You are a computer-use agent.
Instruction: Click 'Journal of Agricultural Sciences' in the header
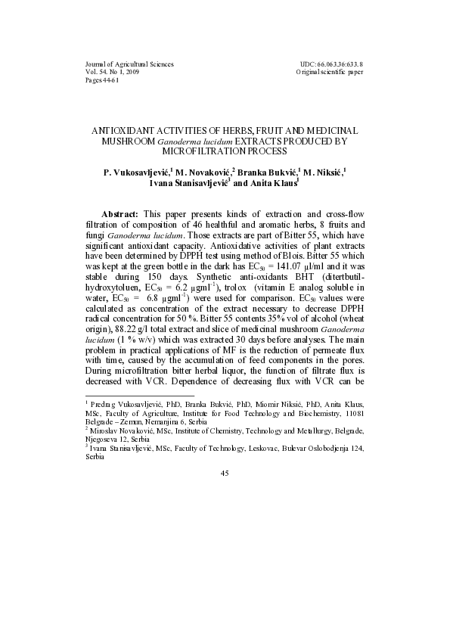point(129,64)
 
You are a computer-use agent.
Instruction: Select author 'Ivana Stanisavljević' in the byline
point(187,183)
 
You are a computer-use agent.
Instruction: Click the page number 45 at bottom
point(225,473)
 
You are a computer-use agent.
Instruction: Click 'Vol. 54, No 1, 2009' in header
point(112,72)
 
